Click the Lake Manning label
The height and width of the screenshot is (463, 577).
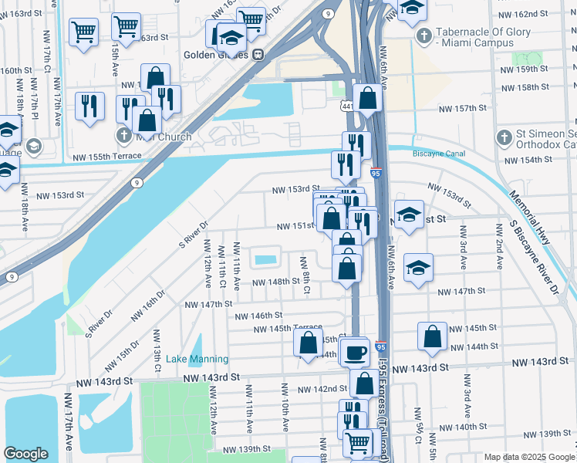[x=197, y=359]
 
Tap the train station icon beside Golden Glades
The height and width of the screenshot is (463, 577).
[x=258, y=55]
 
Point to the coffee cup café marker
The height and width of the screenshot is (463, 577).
[x=355, y=353]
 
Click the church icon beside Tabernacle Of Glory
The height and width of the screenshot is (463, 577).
[x=423, y=36]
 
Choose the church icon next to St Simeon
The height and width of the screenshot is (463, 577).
[x=504, y=138]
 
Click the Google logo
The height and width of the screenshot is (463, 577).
[x=26, y=454]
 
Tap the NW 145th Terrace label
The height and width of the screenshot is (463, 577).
[x=288, y=329]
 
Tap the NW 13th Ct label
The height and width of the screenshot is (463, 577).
[x=157, y=352]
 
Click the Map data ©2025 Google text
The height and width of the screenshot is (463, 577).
[x=528, y=457]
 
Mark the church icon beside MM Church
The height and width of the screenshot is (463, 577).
[x=123, y=136]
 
